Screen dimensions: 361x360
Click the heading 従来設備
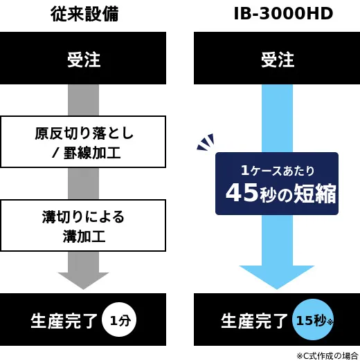click(84, 14)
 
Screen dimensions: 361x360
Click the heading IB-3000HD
click(277, 14)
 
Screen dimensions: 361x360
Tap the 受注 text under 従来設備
click(84, 59)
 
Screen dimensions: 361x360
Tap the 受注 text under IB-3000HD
click(277, 59)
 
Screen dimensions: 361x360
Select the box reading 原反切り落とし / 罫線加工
click(83, 142)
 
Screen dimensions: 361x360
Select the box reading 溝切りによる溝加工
click(83, 225)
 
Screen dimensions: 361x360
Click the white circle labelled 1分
click(119, 320)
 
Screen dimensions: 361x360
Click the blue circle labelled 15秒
click(314, 320)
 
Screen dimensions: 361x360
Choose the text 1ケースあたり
click(276, 170)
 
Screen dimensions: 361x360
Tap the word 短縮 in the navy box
click(319, 194)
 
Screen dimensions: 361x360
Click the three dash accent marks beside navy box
click(206, 142)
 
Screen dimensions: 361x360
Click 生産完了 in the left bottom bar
click(63, 321)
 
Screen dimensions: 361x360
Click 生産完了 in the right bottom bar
click(254, 321)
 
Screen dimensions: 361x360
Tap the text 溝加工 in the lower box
click(83, 236)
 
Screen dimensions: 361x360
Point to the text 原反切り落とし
click(83, 132)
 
